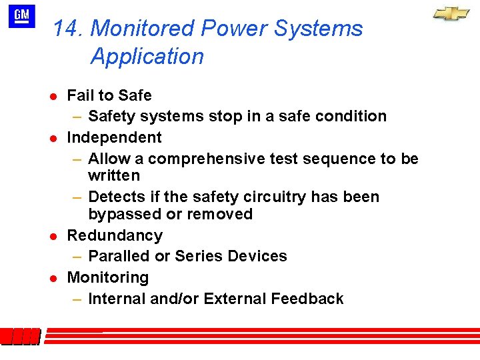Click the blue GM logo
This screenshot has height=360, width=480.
coord(22,16)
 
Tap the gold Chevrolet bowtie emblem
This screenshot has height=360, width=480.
coord(451,14)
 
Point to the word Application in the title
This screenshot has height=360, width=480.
coord(147,57)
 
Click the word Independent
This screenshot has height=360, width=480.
coord(114,137)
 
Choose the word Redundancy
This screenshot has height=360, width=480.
coord(115,236)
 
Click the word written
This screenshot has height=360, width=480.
coord(114,176)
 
